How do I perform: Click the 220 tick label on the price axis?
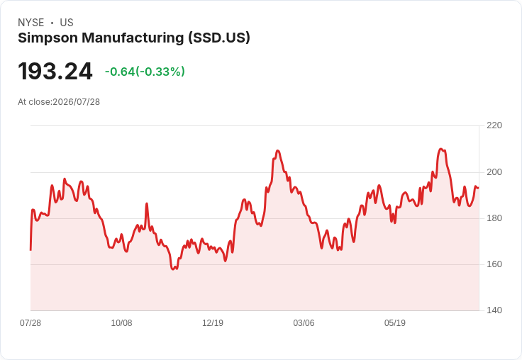pos(494,125)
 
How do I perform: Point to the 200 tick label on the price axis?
pos(494,172)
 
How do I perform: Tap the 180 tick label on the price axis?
pos(494,218)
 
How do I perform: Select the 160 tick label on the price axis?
pos(494,264)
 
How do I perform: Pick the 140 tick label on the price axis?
pos(494,310)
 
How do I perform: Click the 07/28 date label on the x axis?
pos(30,323)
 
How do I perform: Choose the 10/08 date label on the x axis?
pos(121,323)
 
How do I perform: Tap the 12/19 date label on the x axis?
pos(213,323)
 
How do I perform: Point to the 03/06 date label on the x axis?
pos(304,323)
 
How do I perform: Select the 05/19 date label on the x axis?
pos(395,323)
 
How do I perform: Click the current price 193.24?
pos(55,71)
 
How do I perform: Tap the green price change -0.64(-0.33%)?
pos(145,72)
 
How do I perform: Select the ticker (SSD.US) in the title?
pos(219,38)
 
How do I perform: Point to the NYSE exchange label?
pos(31,23)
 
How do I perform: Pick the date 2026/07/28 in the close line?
pos(76,102)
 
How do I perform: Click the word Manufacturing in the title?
pos(133,38)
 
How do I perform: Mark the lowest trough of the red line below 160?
pos(173,269)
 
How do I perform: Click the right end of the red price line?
pos(479,188)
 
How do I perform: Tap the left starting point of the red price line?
pos(30,250)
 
